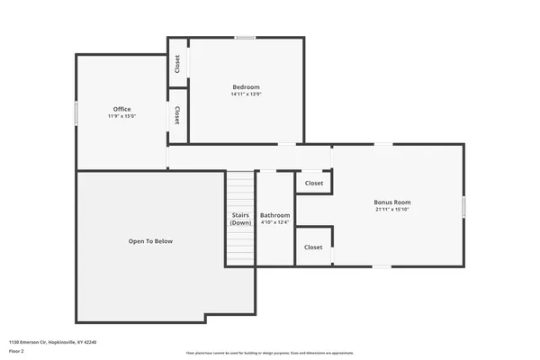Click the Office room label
(x=121, y=109)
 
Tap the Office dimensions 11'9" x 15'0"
(x=121, y=116)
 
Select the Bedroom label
(x=246, y=86)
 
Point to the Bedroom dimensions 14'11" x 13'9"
(x=246, y=94)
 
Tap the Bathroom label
(x=275, y=215)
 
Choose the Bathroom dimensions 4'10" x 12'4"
(x=275, y=222)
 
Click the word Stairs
(x=240, y=215)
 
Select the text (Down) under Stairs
(x=240, y=222)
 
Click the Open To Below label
(x=150, y=241)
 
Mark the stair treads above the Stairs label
(x=240, y=189)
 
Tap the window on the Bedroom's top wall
(x=245, y=38)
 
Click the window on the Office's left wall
(x=76, y=112)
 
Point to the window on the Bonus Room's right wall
(x=464, y=205)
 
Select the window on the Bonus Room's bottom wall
(x=382, y=265)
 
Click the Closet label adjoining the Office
(x=177, y=114)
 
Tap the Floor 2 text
(x=17, y=350)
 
